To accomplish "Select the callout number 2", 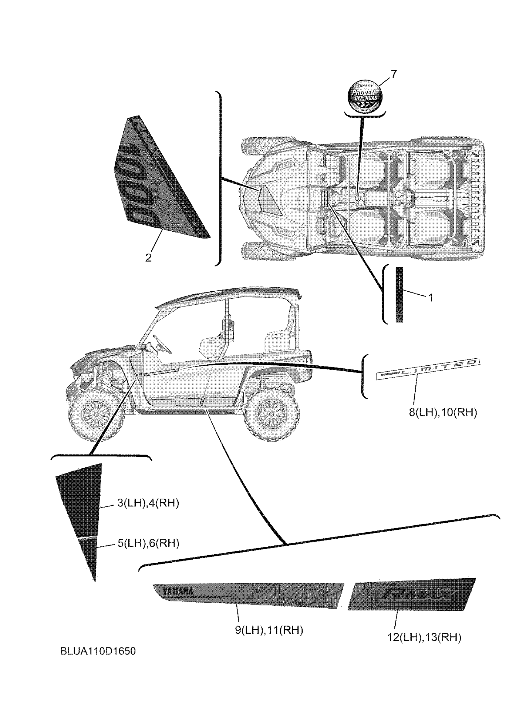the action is [x=148, y=258].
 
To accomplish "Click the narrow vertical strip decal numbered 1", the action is [x=399, y=295].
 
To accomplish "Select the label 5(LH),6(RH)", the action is [x=148, y=543].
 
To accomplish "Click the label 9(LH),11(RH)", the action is [x=269, y=630].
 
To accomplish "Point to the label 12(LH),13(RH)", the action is [x=424, y=637].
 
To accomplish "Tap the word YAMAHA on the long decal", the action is [x=178, y=591].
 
